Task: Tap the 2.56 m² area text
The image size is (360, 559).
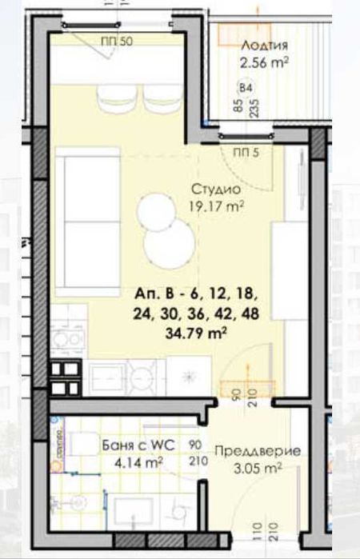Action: coord(264,61)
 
